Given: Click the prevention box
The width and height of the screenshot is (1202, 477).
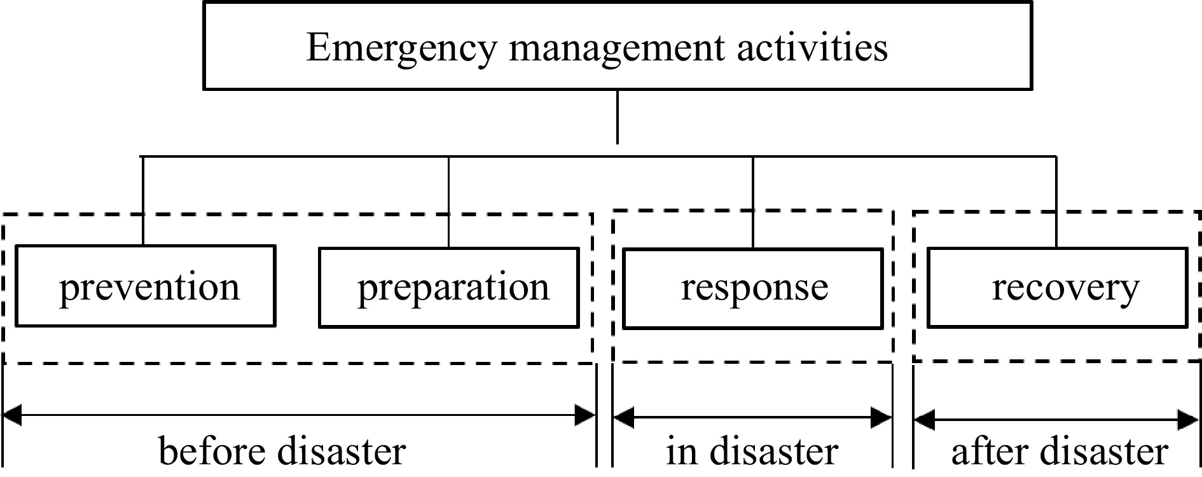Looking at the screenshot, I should coord(146,287).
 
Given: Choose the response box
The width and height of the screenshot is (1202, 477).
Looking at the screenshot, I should coord(753,288).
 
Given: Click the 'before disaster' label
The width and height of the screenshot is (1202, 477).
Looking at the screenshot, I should coord(282,452).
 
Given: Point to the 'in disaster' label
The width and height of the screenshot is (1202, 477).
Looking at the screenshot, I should coord(752,452).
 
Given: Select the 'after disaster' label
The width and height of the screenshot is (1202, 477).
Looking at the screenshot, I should coord(1059,452).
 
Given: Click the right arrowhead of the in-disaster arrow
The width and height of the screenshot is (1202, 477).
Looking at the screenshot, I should coord(881,418).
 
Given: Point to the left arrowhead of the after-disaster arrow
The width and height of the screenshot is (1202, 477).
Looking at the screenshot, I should coord(924,420).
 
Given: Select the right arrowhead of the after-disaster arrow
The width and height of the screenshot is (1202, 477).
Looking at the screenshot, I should coord(1188,420).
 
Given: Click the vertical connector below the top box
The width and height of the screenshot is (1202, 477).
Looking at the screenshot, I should coord(617,118).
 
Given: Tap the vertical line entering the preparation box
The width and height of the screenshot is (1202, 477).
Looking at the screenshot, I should coord(449,202).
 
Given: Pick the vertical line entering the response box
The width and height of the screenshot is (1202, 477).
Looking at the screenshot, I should coord(753,202).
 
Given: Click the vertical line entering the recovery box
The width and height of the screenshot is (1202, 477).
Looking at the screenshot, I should coord(1056,202).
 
